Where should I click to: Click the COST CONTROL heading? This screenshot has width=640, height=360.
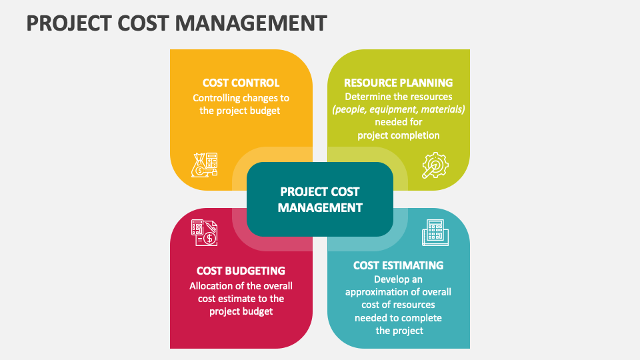click(x=241, y=83)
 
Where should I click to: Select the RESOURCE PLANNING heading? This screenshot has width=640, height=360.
click(x=398, y=83)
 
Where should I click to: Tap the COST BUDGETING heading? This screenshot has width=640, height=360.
click(x=241, y=271)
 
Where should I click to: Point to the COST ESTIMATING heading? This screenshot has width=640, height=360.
click(x=398, y=265)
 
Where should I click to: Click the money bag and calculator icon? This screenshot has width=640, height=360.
click(x=205, y=165)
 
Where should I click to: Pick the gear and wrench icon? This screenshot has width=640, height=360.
click(x=435, y=165)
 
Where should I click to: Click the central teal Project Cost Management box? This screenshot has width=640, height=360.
click(x=320, y=199)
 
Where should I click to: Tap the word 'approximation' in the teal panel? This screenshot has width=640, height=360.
click(x=377, y=292)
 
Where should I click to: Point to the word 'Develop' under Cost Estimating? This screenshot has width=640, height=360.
click(x=390, y=279)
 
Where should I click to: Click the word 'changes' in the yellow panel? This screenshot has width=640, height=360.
click(x=261, y=98)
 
